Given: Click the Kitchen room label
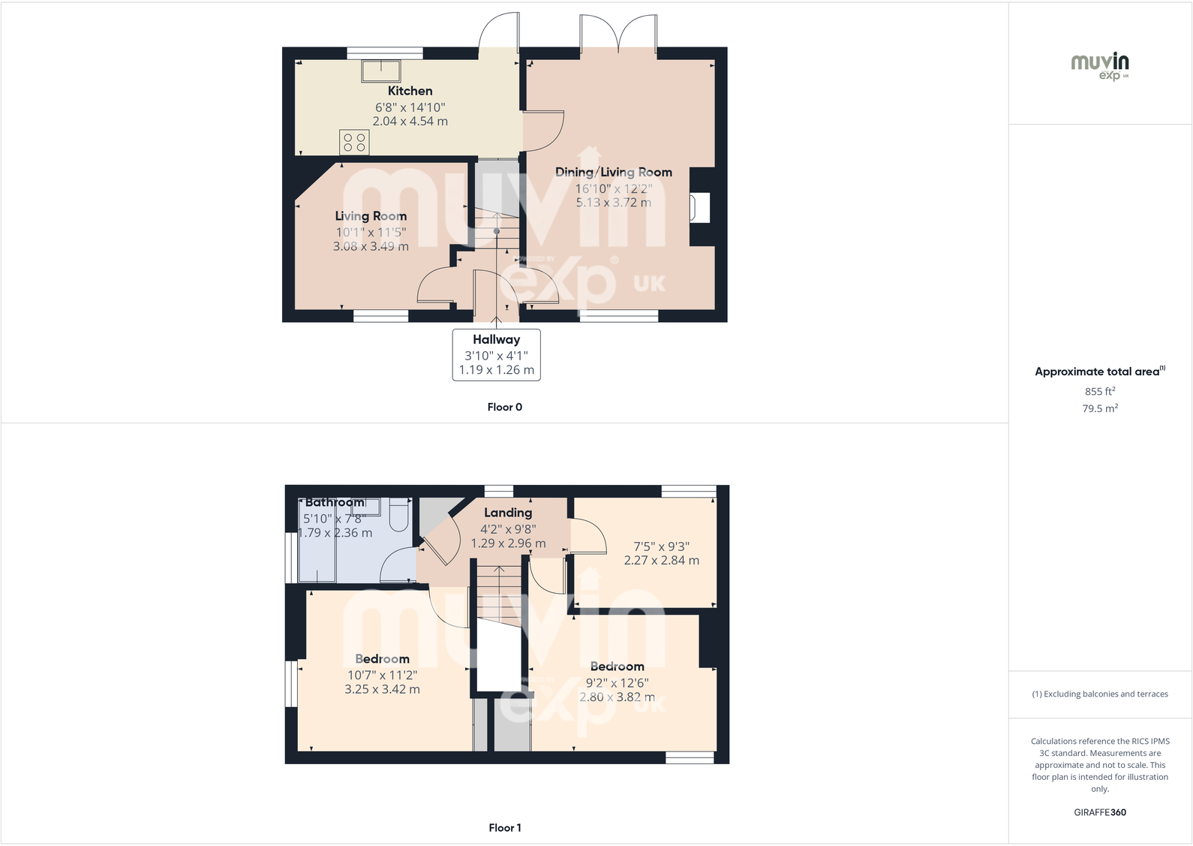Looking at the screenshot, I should point(410,91).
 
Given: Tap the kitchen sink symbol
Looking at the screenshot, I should point(381,71).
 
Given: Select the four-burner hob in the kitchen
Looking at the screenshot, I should point(354,142).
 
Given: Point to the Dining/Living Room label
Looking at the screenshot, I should point(613,172).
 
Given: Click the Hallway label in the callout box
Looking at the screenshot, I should point(496,339).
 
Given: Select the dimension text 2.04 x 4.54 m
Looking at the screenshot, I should point(410,121).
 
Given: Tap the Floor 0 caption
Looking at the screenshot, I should point(504,407).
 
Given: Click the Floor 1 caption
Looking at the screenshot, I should point(504,827).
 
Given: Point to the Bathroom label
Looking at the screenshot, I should point(335,502).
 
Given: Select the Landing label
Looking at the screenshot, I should point(508,513).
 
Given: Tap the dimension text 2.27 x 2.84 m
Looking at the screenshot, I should point(661,560).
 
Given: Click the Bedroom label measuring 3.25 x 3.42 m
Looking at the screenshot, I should point(382,659).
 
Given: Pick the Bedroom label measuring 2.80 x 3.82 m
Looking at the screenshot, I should point(617,667).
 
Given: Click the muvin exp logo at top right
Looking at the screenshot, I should point(1100,65).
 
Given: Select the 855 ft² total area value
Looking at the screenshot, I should point(1100,391).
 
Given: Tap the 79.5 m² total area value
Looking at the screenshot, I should point(1100,408).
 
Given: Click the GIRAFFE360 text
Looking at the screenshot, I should point(1100,812).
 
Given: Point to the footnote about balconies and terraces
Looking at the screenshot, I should point(1100,694).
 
